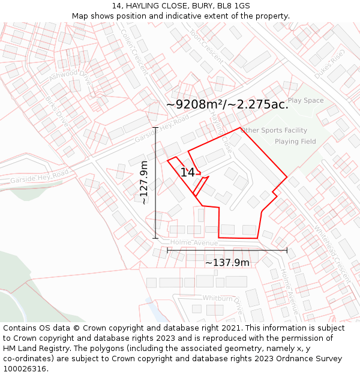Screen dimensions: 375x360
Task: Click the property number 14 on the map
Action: (x=188, y=173)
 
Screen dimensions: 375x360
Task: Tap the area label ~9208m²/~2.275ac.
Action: (x=227, y=104)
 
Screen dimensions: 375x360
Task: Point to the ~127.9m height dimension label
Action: (x=144, y=183)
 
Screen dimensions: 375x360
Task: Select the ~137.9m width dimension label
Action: (x=227, y=262)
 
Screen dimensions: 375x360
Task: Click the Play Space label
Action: (x=305, y=100)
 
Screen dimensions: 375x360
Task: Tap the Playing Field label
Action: (x=295, y=142)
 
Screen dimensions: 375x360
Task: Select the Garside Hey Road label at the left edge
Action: (x=39, y=176)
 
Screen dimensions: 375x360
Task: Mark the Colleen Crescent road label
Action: (x=134, y=52)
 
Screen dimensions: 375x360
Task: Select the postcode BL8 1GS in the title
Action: (x=233, y=5)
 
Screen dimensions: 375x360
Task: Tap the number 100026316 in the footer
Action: (x=26, y=369)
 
